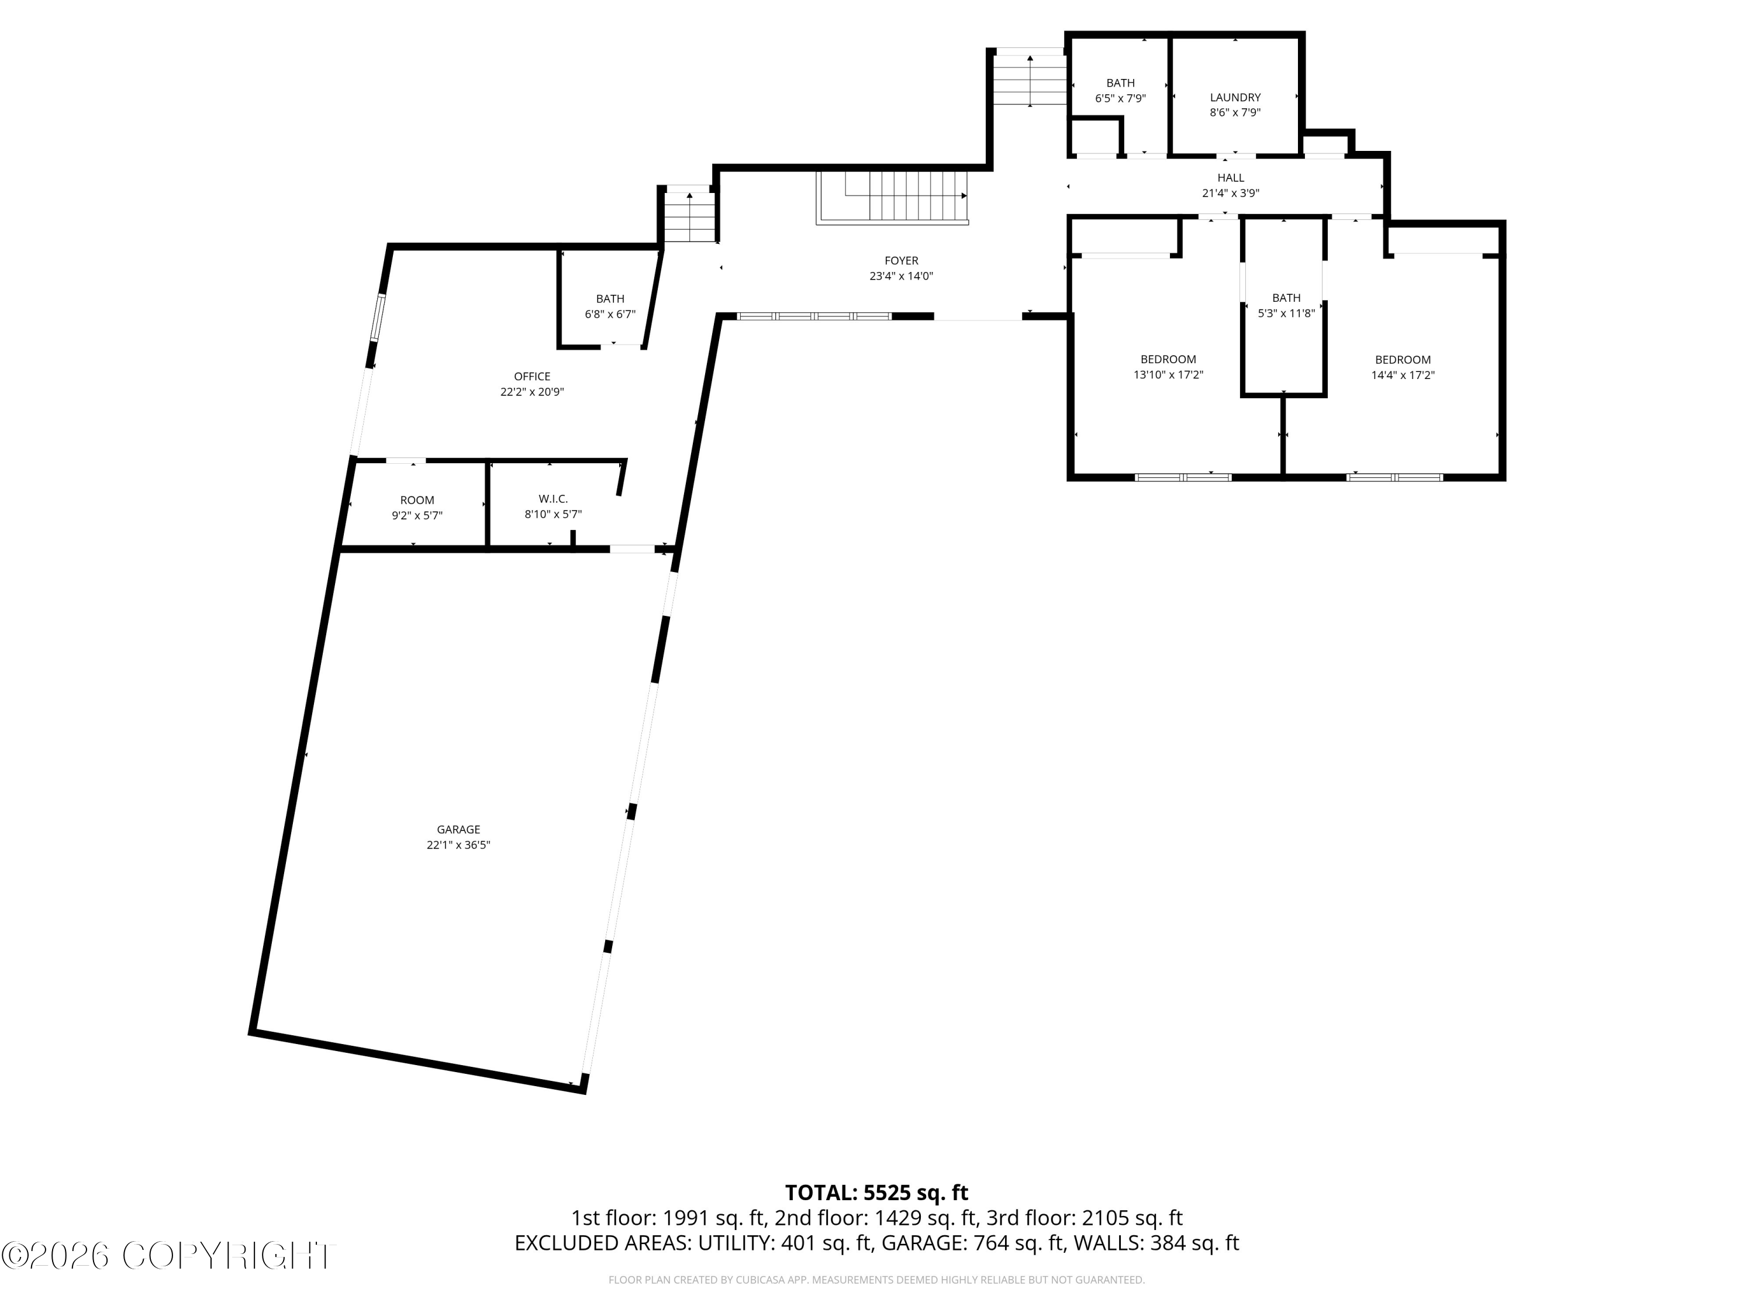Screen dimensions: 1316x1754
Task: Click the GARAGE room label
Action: point(458,830)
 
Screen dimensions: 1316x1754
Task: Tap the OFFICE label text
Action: point(532,377)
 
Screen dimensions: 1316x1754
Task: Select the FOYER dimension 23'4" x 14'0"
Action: point(901,277)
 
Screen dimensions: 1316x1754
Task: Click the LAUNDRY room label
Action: point(1235,98)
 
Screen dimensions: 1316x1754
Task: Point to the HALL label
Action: point(1231,178)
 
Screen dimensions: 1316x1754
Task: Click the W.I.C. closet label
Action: point(553,499)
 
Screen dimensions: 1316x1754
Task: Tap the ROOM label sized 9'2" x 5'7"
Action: point(417,501)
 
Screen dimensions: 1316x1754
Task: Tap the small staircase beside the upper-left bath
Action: point(1029,80)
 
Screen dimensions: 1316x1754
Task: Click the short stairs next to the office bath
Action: point(689,216)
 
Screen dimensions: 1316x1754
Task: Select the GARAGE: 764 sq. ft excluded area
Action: point(972,1243)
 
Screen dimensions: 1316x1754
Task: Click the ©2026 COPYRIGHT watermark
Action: point(168,1256)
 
